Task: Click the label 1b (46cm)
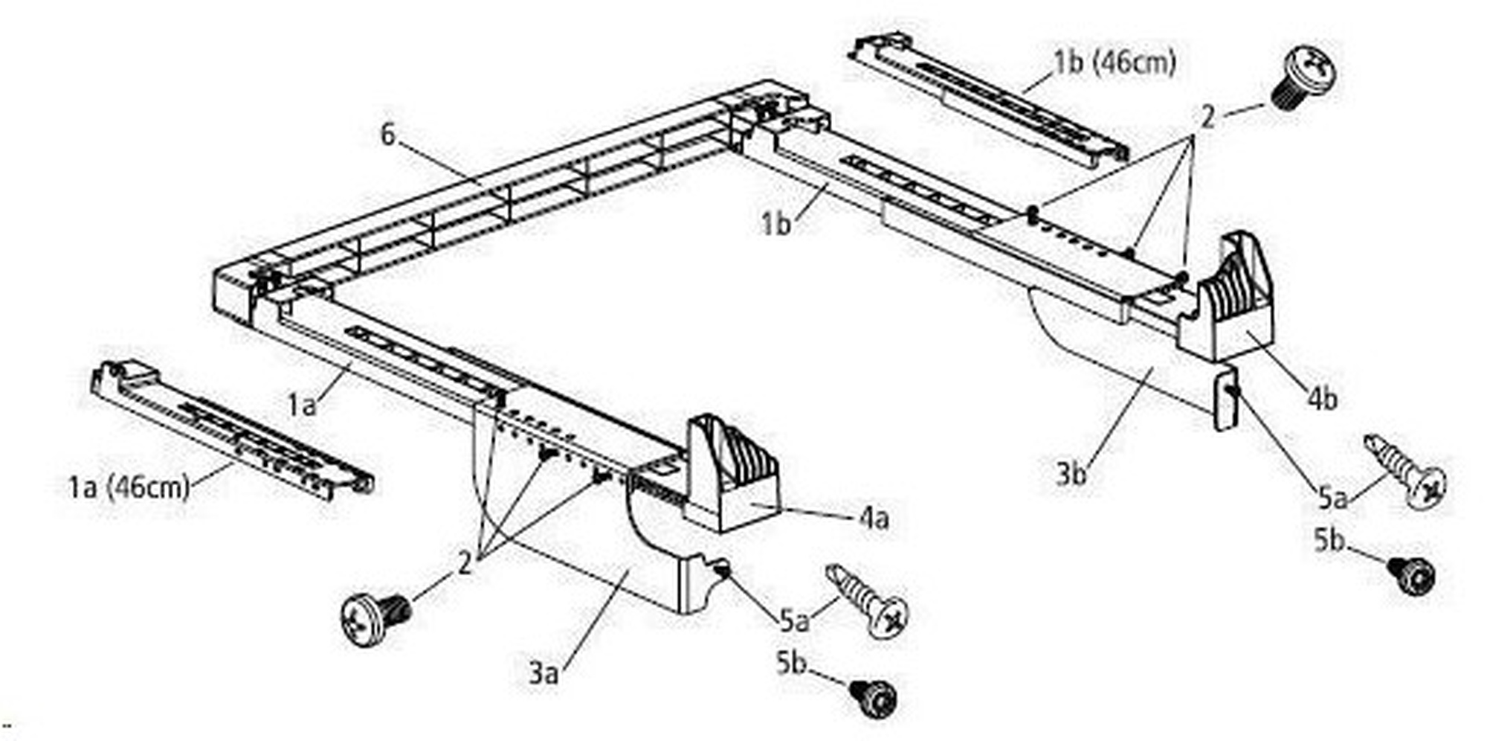[1115, 62]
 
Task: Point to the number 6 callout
[387, 135]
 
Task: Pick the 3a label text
[543, 673]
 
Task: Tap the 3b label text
[1071, 472]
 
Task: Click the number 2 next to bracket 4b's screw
[1207, 117]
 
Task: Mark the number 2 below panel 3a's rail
[465, 563]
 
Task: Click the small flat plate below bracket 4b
[1225, 400]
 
